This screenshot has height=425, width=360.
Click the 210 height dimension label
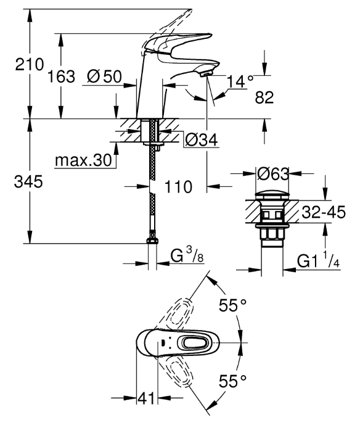tap(29, 65)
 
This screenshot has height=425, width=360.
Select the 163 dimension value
tap(61, 76)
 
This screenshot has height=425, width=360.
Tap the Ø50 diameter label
tap(105, 76)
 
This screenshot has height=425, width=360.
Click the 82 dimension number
tap(264, 97)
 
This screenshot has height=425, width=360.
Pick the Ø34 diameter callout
tap(202, 140)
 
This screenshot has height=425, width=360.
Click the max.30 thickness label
tap(83, 160)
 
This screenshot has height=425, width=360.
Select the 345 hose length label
tap(28, 181)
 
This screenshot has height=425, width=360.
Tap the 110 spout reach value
tap(178, 187)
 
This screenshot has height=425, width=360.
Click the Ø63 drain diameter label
tap(273, 174)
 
